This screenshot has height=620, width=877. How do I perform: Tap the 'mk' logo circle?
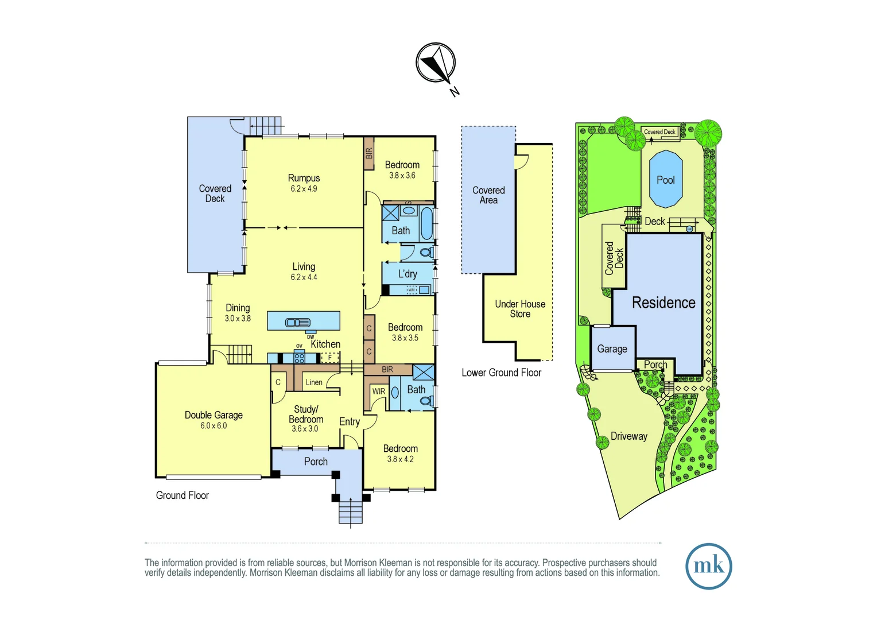click(x=708, y=566)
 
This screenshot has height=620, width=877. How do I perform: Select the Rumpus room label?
click(x=304, y=179)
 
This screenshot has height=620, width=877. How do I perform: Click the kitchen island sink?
click(x=298, y=323)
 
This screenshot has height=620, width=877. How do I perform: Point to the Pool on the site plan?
click(x=666, y=179)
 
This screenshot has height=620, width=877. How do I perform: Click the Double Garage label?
click(x=214, y=415)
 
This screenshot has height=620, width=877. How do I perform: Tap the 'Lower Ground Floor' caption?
click(x=501, y=373)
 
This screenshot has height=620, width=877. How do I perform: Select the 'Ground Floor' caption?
click(x=182, y=495)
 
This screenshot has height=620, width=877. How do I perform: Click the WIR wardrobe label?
click(x=379, y=392)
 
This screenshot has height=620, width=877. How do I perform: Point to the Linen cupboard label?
click(x=314, y=382)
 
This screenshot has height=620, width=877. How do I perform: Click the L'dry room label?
click(x=408, y=274)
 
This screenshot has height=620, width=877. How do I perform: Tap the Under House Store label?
click(x=520, y=309)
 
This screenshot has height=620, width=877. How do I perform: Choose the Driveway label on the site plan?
click(x=628, y=436)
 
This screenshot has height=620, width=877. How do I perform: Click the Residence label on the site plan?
click(x=663, y=303)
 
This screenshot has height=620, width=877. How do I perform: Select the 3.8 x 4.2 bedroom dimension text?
click(x=400, y=459)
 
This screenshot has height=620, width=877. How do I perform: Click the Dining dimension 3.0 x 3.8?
click(x=238, y=319)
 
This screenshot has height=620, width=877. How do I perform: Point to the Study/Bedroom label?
click(x=306, y=414)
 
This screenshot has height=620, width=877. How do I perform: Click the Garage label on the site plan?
click(x=612, y=349)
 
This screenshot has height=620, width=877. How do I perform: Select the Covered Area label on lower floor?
click(x=488, y=195)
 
